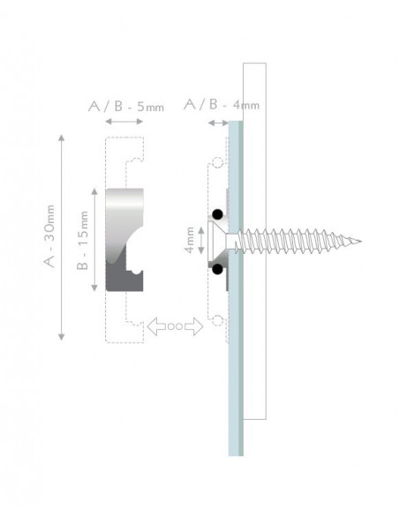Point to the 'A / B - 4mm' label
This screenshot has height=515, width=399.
pyautogui.click(x=221, y=105)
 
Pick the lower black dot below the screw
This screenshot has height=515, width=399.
pyautogui.click(x=215, y=267)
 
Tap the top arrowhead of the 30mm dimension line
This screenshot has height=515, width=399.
pyautogui.click(x=61, y=138)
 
